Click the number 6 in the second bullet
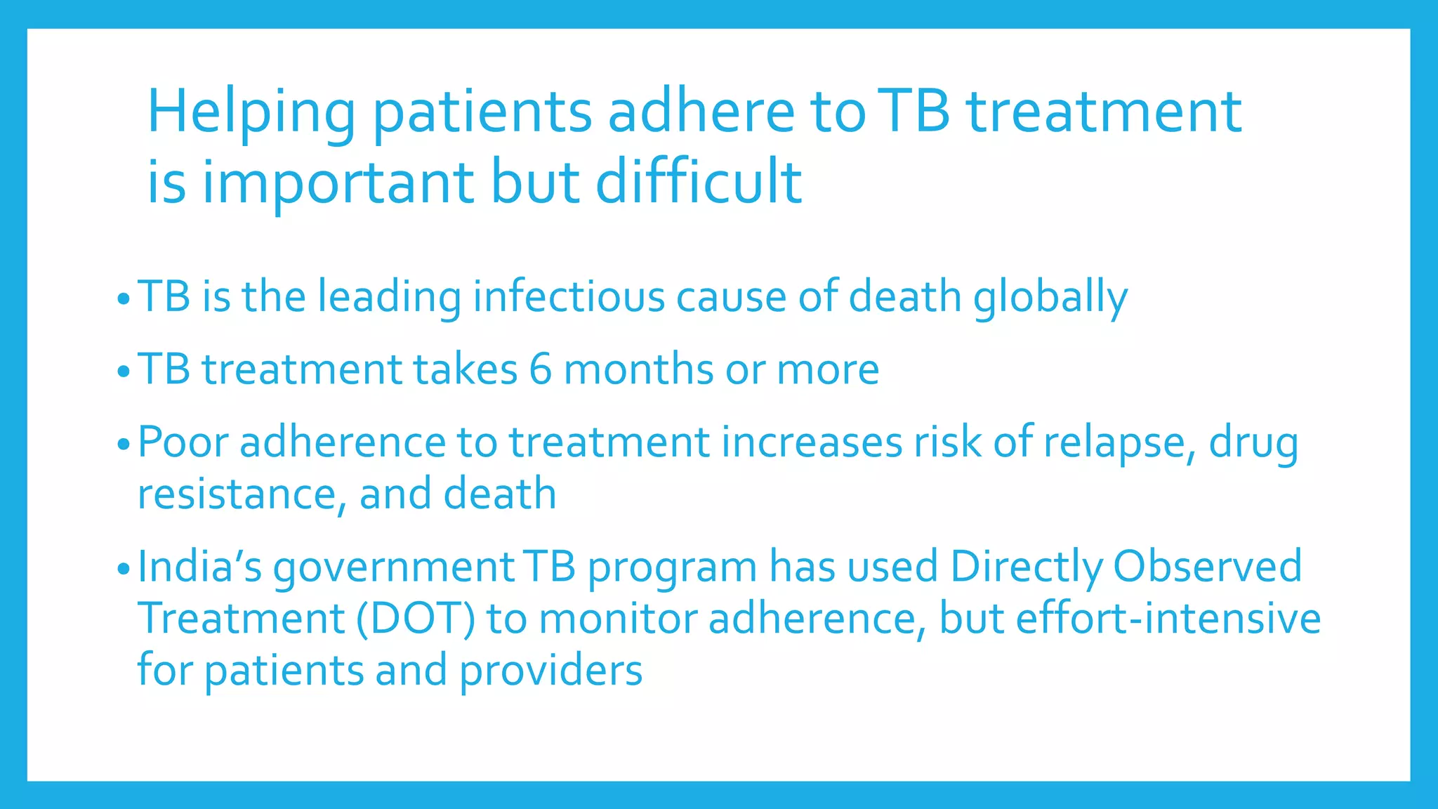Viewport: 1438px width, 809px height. click(541, 369)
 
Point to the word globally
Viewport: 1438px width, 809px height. click(1050, 298)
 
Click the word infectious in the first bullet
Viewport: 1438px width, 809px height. click(569, 296)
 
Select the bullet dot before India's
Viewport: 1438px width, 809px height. click(124, 568)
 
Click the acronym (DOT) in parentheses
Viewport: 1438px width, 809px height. click(416, 619)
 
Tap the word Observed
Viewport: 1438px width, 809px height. click(1207, 567)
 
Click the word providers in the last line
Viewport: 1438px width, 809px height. click(551, 671)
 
